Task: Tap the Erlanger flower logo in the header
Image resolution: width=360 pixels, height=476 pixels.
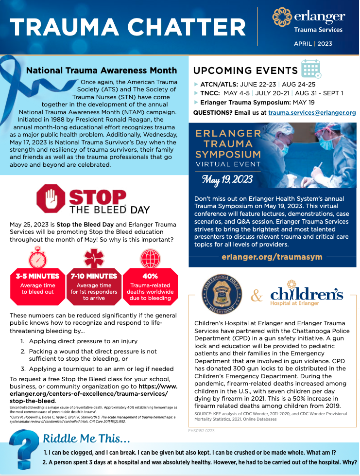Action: [x=282, y=18]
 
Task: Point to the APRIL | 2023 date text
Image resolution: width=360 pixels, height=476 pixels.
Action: [x=313, y=44]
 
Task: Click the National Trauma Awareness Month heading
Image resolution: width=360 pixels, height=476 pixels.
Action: [x=102, y=70]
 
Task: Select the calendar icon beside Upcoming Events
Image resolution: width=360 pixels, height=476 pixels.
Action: [x=311, y=70]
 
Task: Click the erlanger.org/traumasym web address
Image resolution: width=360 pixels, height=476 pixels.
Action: [x=272, y=256]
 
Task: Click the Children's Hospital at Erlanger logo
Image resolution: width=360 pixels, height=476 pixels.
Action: [x=306, y=294]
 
